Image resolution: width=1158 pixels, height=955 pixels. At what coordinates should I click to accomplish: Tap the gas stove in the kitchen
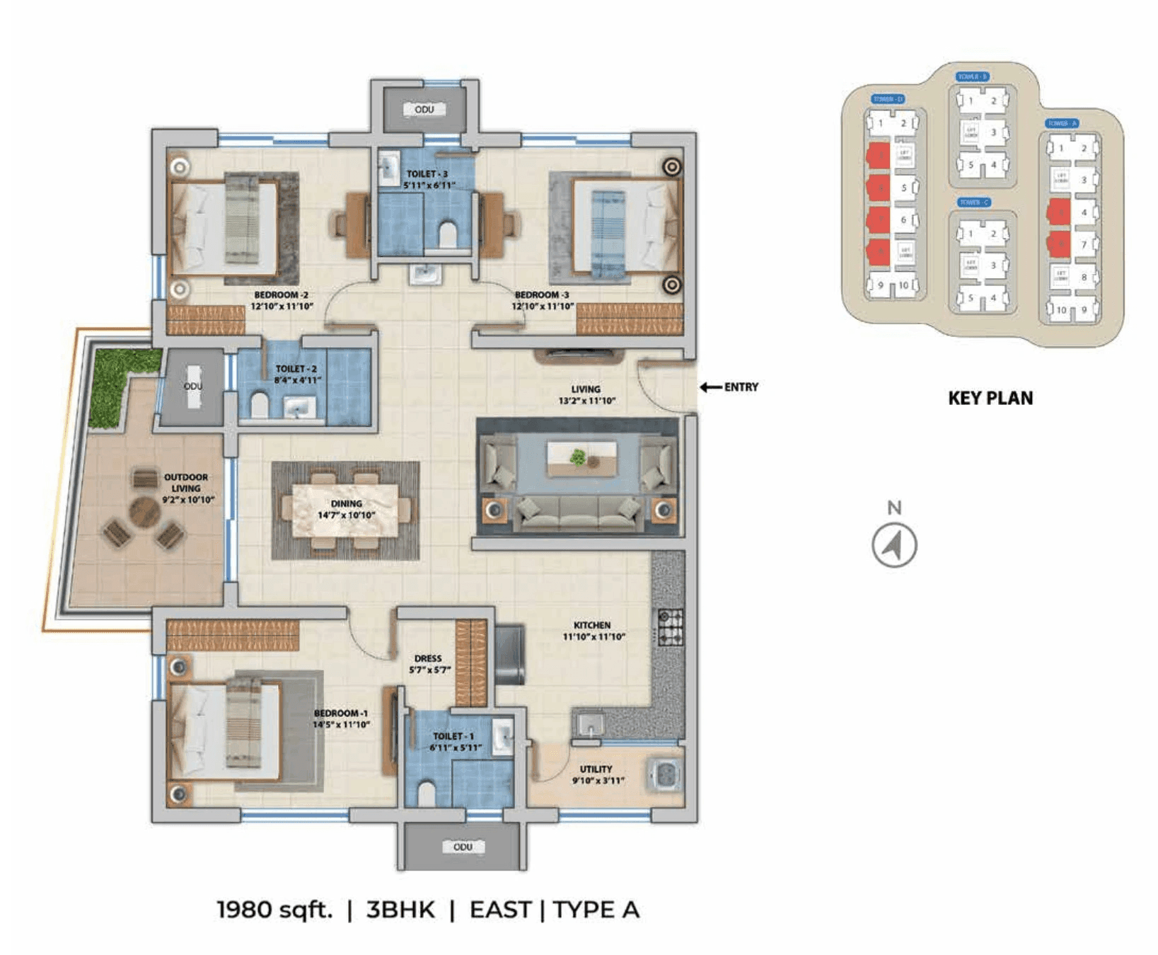tap(671, 627)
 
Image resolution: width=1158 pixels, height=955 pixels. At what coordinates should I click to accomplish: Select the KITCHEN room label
tap(592, 625)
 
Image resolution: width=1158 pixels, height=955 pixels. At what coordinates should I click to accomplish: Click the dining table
tap(346, 510)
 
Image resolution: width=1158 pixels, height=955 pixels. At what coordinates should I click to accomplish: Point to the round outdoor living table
tap(144, 511)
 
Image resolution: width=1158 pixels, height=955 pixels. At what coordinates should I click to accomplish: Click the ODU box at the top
tap(424, 109)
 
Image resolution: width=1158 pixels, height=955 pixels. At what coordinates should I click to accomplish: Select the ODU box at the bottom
tap(463, 847)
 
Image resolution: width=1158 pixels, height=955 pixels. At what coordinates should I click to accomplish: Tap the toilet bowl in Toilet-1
tap(426, 793)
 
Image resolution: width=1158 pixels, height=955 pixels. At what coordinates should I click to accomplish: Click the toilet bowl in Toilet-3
tap(448, 234)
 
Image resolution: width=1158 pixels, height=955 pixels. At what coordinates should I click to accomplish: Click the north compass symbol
tap(894, 545)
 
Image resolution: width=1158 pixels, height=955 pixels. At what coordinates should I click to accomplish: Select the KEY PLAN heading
tap(990, 398)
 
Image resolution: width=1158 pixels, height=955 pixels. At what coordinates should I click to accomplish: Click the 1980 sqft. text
tap(274, 909)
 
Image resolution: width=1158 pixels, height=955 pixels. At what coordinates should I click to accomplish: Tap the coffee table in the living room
tap(581, 458)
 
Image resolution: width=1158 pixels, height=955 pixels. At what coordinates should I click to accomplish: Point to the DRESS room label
tap(428, 658)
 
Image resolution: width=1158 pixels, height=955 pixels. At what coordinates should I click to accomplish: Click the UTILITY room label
tap(596, 769)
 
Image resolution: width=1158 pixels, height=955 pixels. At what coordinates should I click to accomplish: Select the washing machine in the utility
tap(664, 774)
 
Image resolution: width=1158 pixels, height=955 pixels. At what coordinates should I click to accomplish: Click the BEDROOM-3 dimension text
tap(543, 307)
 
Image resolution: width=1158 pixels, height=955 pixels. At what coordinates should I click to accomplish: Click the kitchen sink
tap(589, 724)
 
